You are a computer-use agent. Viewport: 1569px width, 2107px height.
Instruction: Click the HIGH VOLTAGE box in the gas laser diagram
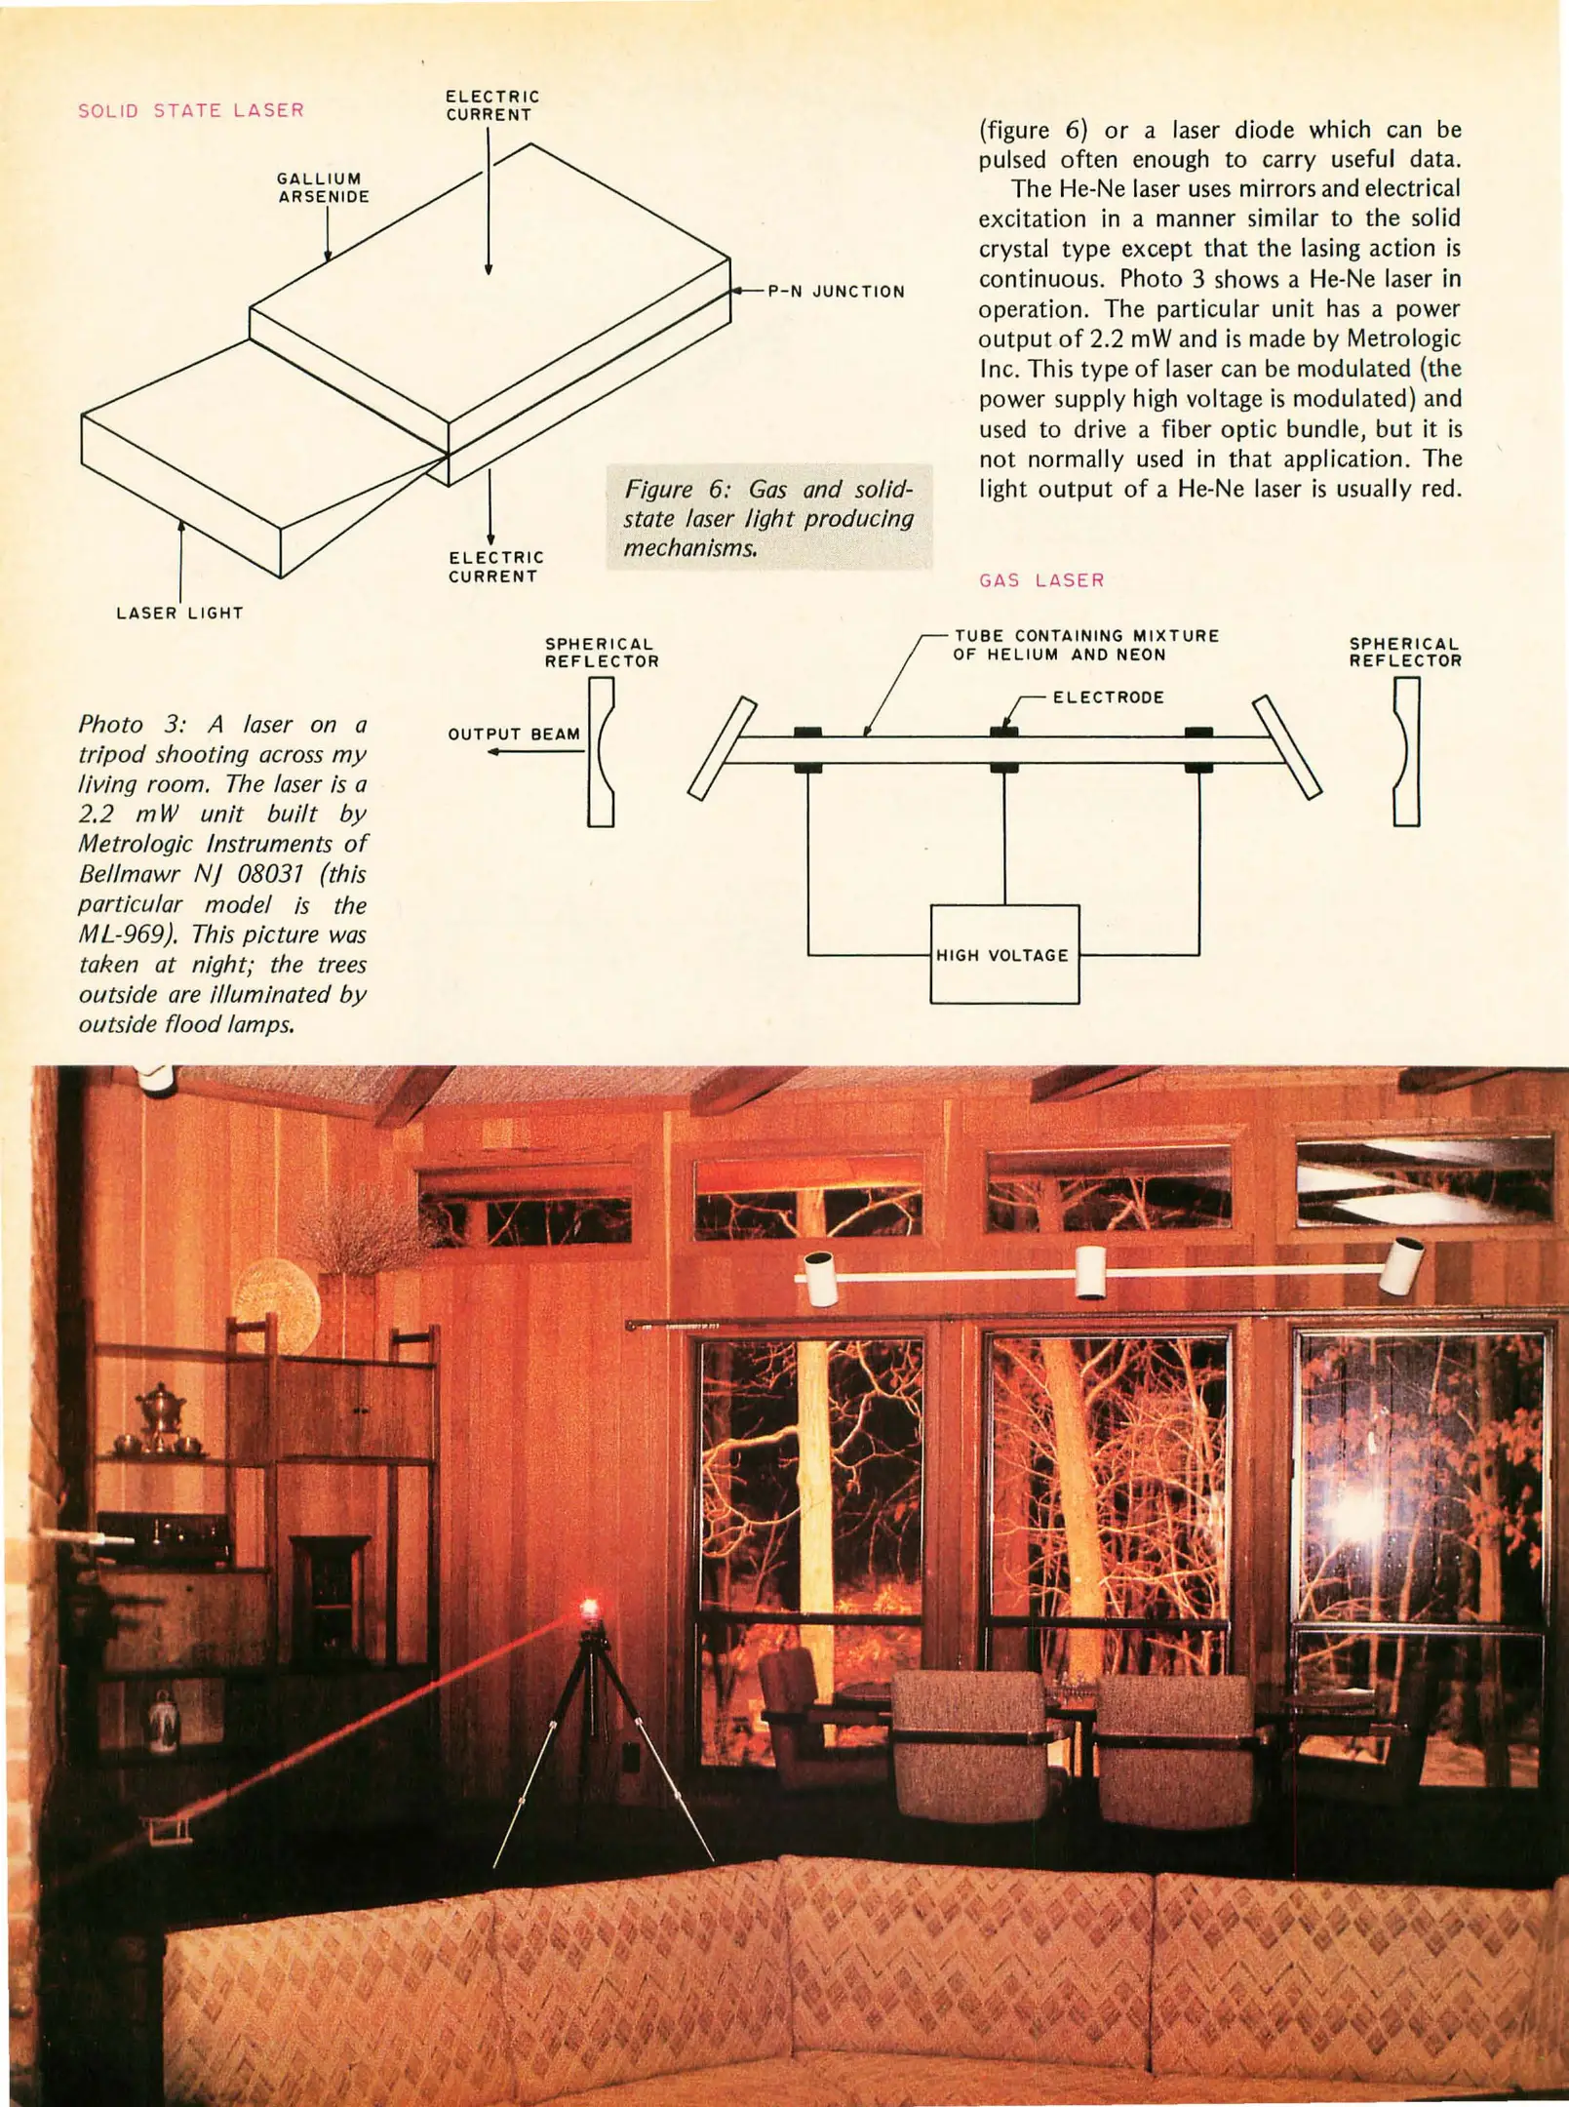(x=1003, y=954)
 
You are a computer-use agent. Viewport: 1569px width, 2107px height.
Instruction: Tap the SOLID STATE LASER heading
(x=191, y=110)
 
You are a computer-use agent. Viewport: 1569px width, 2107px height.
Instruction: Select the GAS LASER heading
(x=1041, y=580)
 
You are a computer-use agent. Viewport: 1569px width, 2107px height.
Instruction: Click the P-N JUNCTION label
(x=836, y=292)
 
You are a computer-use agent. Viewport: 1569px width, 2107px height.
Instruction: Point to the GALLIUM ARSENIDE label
(x=323, y=187)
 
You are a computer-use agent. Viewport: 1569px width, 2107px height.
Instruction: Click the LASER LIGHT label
(x=179, y=613)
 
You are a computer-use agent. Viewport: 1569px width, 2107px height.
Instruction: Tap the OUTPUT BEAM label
(x=514, y=734)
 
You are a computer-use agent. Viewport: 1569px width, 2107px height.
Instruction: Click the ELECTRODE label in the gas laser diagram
(x=1108, y=697)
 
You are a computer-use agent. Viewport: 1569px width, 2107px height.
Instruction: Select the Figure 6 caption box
(x=768, y=517)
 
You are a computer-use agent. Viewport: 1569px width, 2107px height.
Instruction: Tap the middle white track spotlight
(x=1090, y=1272)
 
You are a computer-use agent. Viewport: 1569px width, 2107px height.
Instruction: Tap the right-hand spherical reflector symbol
(x=1405, y=751)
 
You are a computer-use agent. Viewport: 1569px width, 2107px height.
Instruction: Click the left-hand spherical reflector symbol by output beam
(x=601, y=751)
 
